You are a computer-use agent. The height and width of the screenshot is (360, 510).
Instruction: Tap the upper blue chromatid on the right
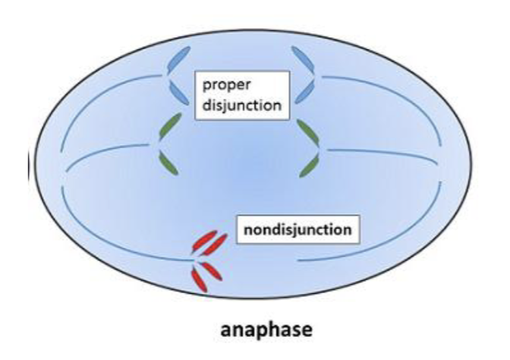tap(301, 58)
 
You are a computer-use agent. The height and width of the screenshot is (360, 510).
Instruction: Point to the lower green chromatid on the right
tap(309, 163)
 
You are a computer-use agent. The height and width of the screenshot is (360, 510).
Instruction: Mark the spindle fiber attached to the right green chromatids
tap(379, 150)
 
